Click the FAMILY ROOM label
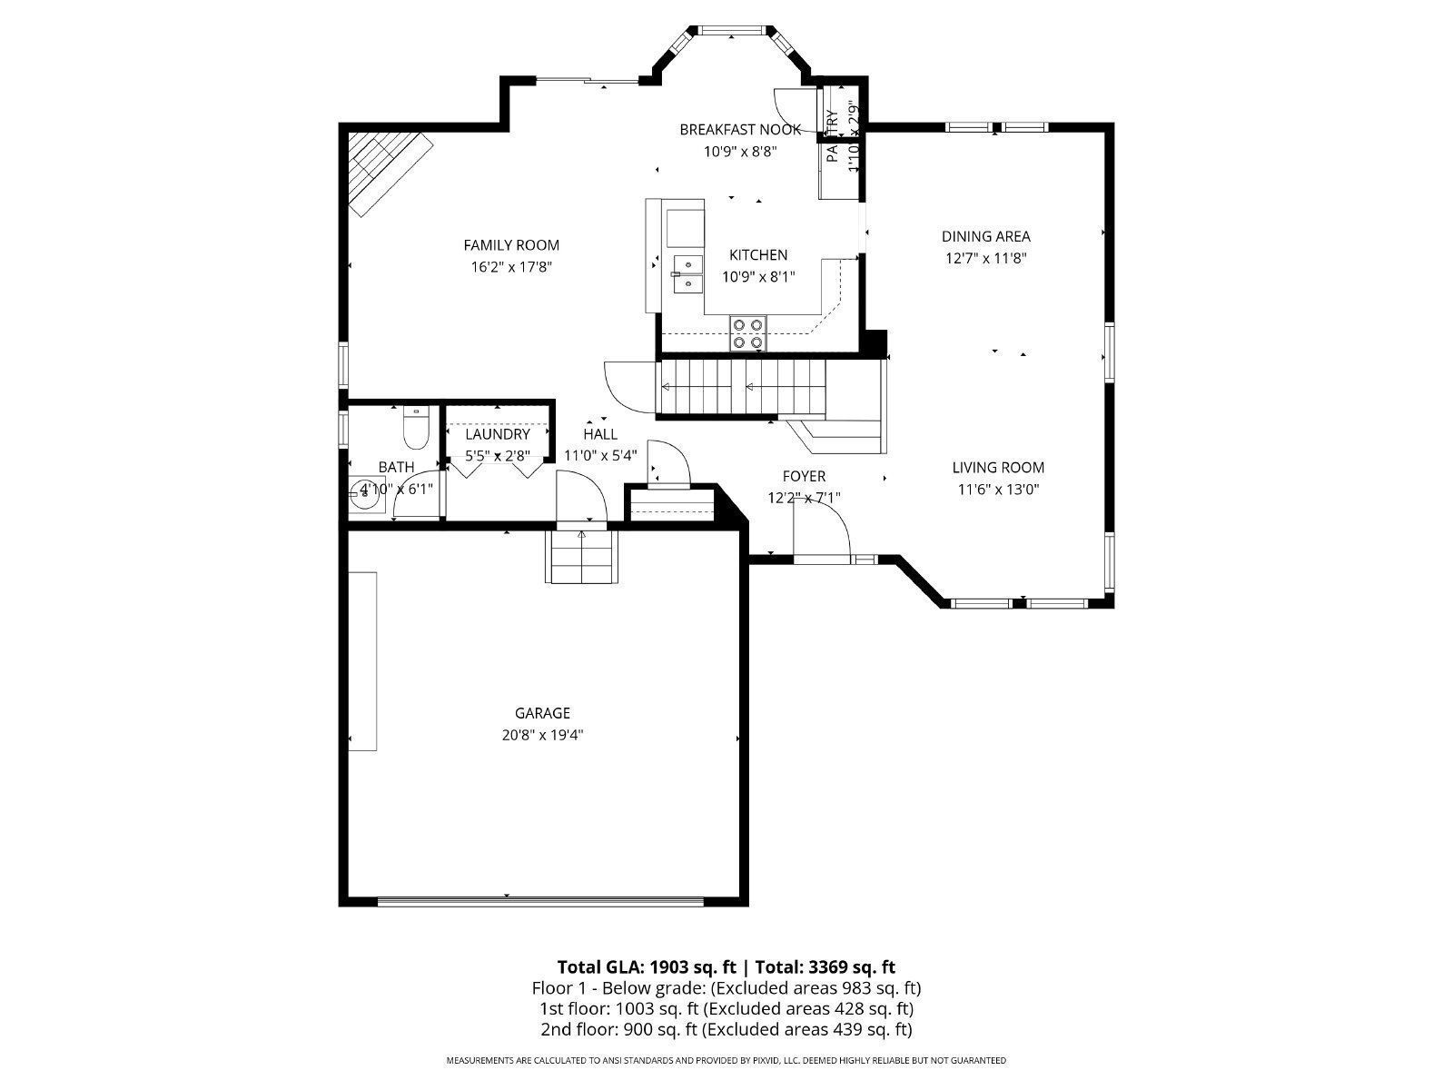click(511, 245)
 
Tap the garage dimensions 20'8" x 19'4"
click(542, 735)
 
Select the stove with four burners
click(749, 333)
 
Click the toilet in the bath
click(416, 429)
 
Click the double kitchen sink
click(687, 273)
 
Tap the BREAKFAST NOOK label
click(740, 130)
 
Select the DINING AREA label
click(985, 237)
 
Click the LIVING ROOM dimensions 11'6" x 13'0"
click(998, 490)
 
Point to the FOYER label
click(804, 476)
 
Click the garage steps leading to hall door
click(582, 557)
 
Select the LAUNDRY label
click(498, 435)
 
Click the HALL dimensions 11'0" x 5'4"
click(600, 455)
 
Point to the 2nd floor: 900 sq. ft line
click(722, 1029)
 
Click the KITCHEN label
click(758, 255)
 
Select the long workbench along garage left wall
click(364, 661)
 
